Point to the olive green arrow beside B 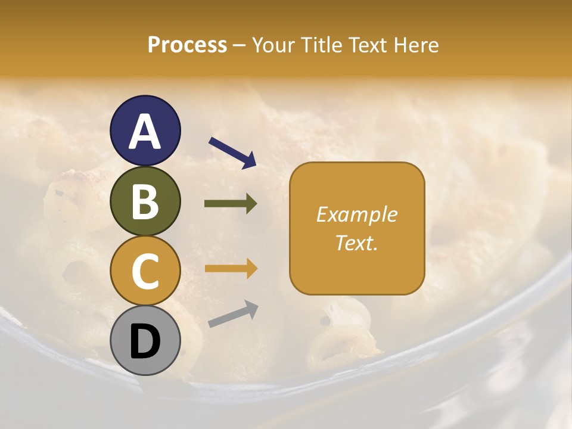point(231,204)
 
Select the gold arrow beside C point(231,269)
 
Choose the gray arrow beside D point(233,314)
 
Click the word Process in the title point(187,45)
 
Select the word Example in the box point(356,214)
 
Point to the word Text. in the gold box point(356,243)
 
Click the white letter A point(145,132)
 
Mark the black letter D point(145,341)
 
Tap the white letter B point(145,201)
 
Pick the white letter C point(145,271)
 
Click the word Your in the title point(273,45)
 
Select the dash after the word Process point(240,46)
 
